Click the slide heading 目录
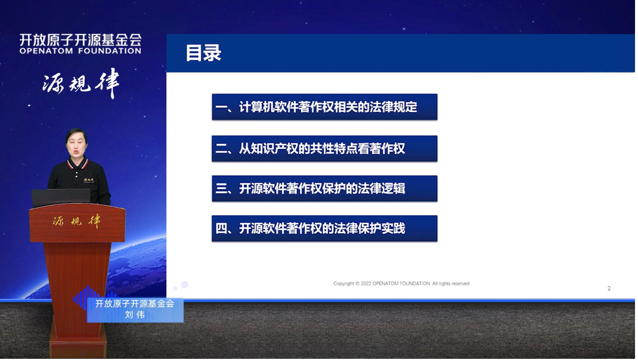pyautogui.click(x=204, y=53)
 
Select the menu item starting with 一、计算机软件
pyautogui.click(x=324, y=107)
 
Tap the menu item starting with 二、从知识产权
pyautogui.click(x=324, y=149)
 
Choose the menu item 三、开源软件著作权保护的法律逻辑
pyautogui.click(x=324, y=189)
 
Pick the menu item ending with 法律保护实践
pyautogui.click(x=324, y=228)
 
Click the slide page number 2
pyautogui.click(x=609, y=289)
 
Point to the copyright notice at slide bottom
pyautogui.click(x=402, y=284)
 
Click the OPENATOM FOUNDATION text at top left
pyautogui.click(x=80, y=51)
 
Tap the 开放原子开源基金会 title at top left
pyautogui.click(x=80, y=40)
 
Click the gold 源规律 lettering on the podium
pyautogui.click(x=77, y=221)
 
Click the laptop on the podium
pyautogui.click(x=61, y=198)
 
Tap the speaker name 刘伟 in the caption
pyautogui.click(x=135, y=315)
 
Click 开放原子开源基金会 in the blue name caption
pyautogui.click(x=135, y=303)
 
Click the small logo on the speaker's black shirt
pyautogui.click(x=90, y=179)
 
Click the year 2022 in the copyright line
pyautogui.click(x=365, y=284)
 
